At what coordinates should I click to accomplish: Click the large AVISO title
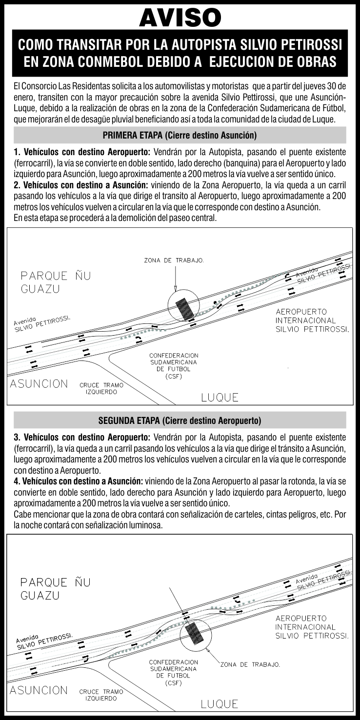click(x=180, y=18)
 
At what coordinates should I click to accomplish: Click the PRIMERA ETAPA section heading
click(x=180, y=135)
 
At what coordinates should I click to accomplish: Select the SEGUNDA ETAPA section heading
click(x=180, y=420)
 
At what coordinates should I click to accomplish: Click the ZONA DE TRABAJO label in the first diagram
click(x=174, y=260)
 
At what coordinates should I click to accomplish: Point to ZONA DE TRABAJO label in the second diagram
click(x=250, y=664)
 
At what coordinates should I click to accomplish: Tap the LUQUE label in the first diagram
click(x=220, y=398)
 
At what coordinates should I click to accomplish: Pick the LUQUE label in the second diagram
click(x=220, y=704)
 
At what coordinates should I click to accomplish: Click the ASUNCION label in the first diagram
click(x=40, y=383)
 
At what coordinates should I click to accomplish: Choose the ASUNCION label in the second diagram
click(x=40, y=690)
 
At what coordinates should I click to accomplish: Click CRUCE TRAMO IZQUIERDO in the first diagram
click(x=101, y=388)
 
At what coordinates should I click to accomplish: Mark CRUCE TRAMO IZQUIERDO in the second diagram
click(x=101, y=695)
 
